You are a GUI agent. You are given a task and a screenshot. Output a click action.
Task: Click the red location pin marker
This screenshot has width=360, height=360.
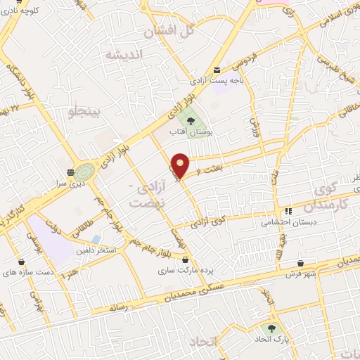[x=181, y=165]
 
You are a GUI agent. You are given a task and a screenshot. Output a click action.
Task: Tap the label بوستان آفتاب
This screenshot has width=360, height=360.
[x=192, y=131]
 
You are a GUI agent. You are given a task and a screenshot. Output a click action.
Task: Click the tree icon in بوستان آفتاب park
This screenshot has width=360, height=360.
[x=191, y=119]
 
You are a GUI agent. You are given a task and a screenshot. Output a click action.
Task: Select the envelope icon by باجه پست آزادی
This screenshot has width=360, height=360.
[x=218, y=70]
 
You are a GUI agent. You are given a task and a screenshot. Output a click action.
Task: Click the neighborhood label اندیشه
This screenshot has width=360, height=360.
[x=124, y=55]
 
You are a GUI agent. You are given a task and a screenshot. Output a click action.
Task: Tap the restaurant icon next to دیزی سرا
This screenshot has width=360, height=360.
[x=70, y=172]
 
